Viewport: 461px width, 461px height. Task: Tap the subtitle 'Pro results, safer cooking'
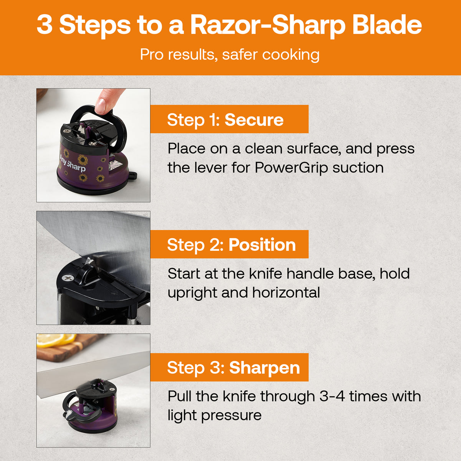pyautogui.click(x=230, y=55)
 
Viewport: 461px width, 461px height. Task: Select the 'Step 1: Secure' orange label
pyautogui.click(x=229, y=119)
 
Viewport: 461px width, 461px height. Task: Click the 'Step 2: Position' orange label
pyautogui.click(x=229, y=245)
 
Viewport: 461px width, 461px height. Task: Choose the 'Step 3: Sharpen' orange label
pyautogui.click(x=229, y=368)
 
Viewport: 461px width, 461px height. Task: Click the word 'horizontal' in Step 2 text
pyautogui.click(x=286, y=293)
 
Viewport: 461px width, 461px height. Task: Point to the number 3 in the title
pyautogui.click(x=45, y=25)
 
